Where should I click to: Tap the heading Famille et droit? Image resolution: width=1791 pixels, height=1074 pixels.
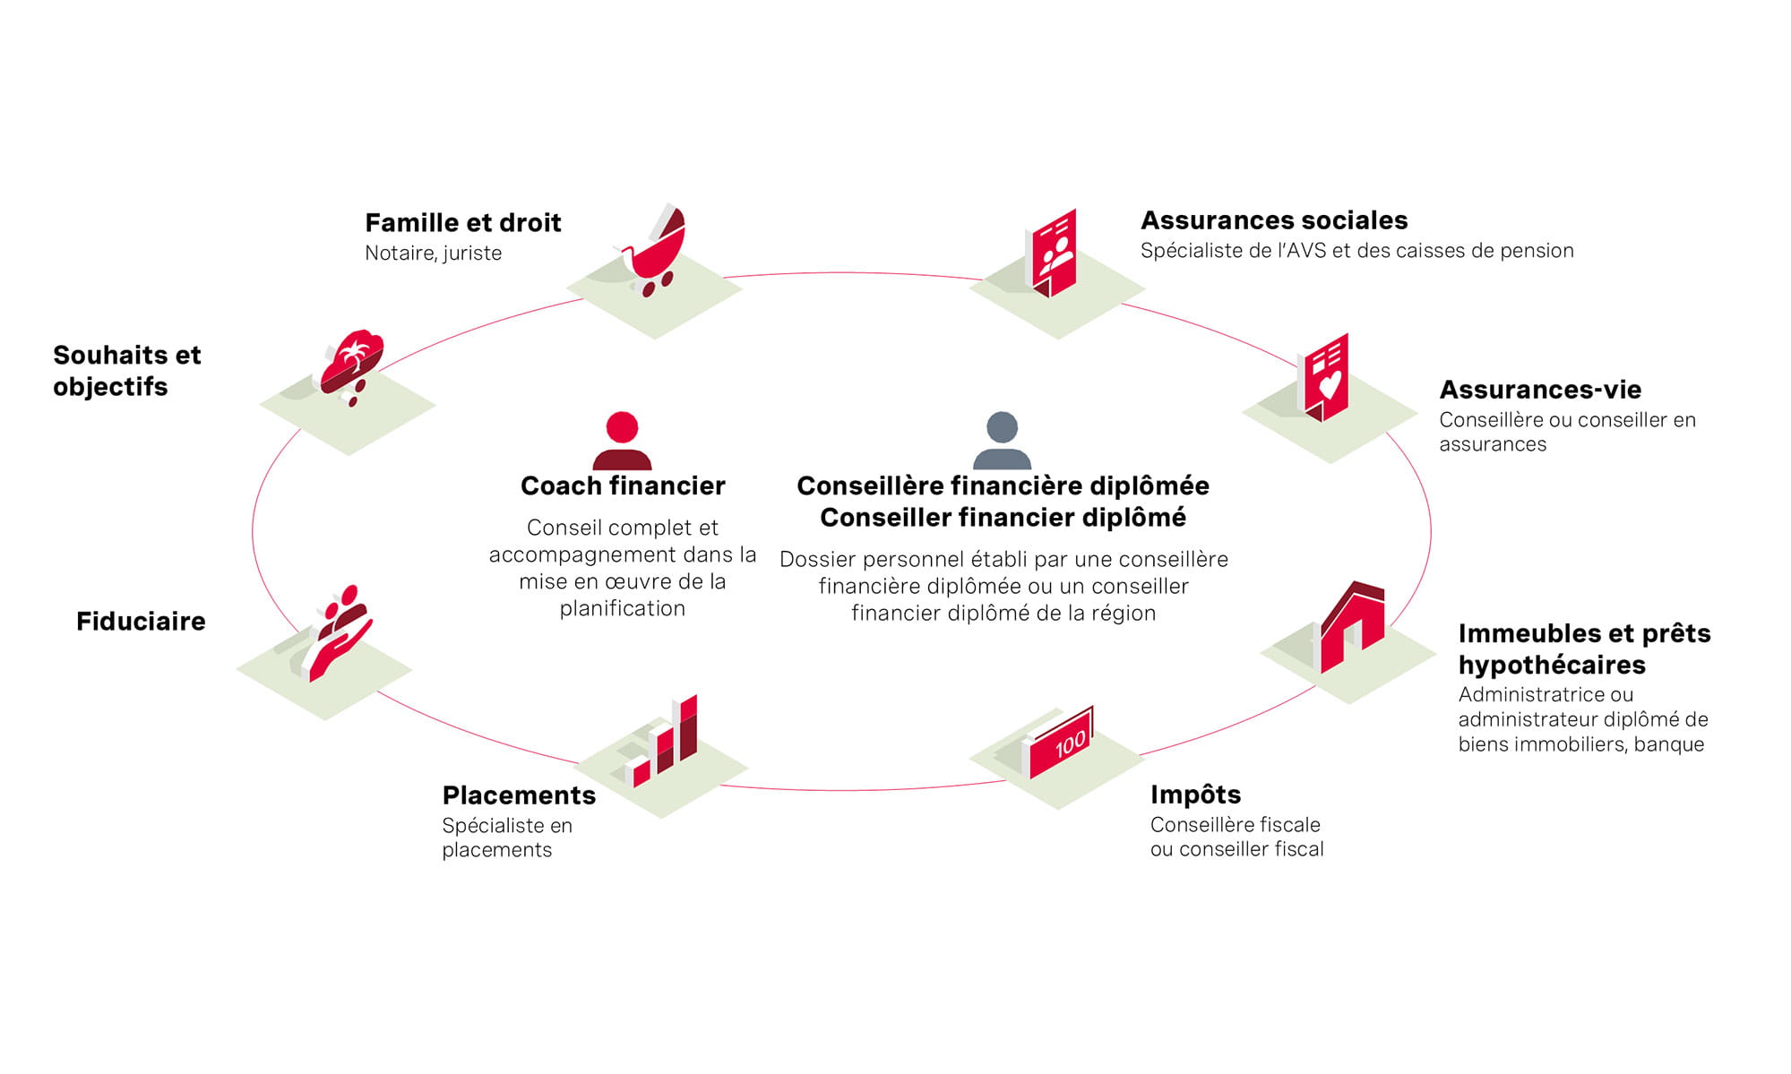pyautogui.click(x=463, y=222)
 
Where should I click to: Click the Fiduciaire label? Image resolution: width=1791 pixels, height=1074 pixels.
pyautogui.click(x=141, y=621)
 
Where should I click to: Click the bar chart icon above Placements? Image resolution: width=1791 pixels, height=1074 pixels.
pyautogui.click(x=662, y=741)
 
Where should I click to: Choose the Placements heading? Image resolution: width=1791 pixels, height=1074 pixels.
pyautogui.click(x=519, y=795)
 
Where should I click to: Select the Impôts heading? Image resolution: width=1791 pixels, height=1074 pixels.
pyautogui.click(x=1195, y=795)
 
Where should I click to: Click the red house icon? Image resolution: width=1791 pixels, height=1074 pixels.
pyautogui.click(x=1352, y=626)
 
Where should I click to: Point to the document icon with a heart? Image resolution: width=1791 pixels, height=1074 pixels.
pyautogui.click(x=1324, y=376)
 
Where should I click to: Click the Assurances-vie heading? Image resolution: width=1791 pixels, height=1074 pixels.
pyautogui.click(x=1540, y=390)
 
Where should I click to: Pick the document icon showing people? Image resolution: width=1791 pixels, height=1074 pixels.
pyautogui.click(x=1052, y=253)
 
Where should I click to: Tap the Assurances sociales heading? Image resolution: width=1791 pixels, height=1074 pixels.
pyautogui.click(x=1274, y=220)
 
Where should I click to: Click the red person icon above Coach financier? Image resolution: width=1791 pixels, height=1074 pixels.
pyautogui.click(x=622, y=441)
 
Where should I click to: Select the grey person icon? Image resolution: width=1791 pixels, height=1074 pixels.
pyautogui.click(x=1002, y=441)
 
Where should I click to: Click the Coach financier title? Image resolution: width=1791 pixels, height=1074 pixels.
pyautogui.click(x=623, y=485)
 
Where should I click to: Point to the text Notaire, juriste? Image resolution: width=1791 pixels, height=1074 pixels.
pyautogui.click(x=433, y=253)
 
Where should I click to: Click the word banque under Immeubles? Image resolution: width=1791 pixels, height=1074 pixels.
pyautogui.click(x=1669, y=743)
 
